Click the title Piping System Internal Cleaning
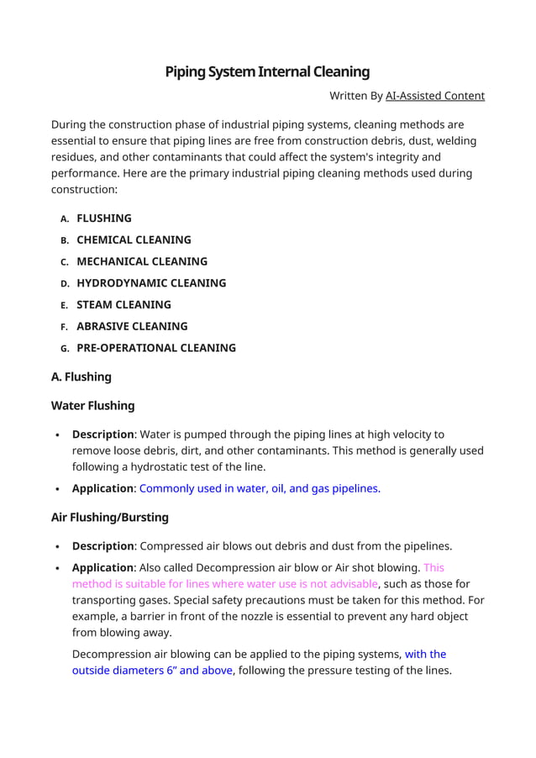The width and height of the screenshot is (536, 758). pos(267,71)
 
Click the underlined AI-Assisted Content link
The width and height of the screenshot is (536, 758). pos(434,96)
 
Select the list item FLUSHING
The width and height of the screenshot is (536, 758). pos(104,218)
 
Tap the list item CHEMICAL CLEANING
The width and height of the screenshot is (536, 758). pos(134,240)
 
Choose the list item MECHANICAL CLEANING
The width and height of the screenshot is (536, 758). pos(142,261)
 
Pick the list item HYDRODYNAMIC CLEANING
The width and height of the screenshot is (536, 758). pos(151,283)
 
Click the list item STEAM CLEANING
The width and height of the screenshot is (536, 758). pos(123,304)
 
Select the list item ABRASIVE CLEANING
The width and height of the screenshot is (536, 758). pos(132,326)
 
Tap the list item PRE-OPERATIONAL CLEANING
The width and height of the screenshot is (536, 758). pos(156,348)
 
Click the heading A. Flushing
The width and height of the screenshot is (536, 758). pos(81,376)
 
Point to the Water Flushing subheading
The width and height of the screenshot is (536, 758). pos(92,405)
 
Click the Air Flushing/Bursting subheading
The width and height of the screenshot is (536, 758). pos(110,517)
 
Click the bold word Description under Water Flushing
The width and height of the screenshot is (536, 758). pos(102,434)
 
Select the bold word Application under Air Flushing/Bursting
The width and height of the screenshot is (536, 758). pos(102,567)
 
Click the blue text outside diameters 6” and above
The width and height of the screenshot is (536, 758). pos(152,670)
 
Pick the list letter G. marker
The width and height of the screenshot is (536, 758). pos(65,348)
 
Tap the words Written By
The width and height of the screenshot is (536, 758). pos(355,96)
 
